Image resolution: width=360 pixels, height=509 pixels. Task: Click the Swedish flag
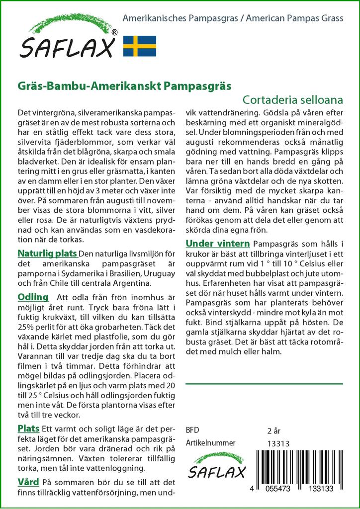(x=140, y=46)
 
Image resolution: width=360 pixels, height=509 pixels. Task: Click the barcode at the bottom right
(x=303, y=470)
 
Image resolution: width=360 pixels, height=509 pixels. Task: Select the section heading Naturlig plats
(x=47, y=253)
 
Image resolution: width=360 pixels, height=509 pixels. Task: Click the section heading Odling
(x=33, y=297)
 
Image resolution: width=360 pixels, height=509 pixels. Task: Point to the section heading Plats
(x=28, y=428)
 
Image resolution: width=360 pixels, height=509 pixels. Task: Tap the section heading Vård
(x=28, y=482)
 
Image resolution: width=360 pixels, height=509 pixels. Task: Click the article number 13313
(x=278, y=443)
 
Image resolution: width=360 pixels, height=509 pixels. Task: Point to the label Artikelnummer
(x=210, y=443)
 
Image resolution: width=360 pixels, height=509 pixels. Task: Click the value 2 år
(x=274, y=430)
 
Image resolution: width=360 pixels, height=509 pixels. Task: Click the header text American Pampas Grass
(x=293, y=19)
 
